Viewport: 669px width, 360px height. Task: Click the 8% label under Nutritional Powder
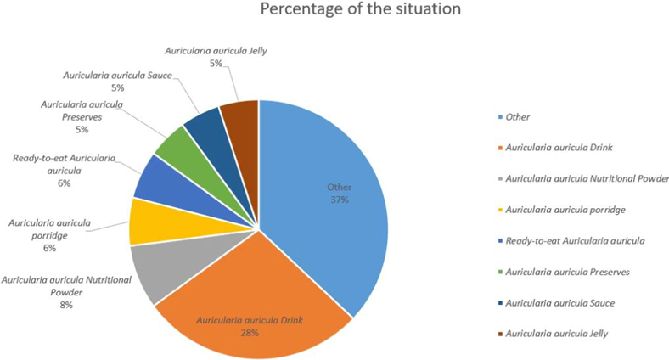click(66, 304)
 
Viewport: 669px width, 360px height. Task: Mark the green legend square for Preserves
click(498, 272)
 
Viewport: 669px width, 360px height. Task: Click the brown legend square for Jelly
click(498, 334)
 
